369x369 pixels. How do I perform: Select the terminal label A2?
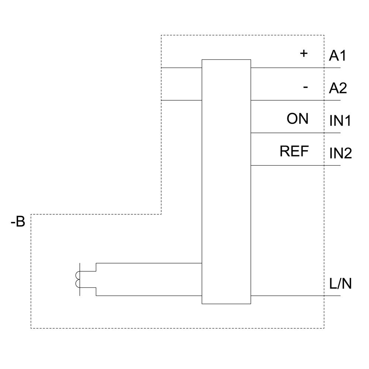pos(338,88)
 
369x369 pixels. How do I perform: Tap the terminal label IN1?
pos(340,121)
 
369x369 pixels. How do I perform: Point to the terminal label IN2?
pos(340,153)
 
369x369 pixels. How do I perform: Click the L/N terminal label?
pos(340,284)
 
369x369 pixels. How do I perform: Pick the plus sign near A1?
pos(303,54)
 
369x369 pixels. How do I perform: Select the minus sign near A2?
pos(305,87)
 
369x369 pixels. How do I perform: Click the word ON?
pos(297,119)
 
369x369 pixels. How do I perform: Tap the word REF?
pos(294,151)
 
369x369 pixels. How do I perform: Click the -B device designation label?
pos(18,222)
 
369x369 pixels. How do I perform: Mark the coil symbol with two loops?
pos(77,279)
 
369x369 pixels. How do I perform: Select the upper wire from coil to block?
pos(148,263)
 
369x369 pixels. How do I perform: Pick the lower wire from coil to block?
pos(148,296)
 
